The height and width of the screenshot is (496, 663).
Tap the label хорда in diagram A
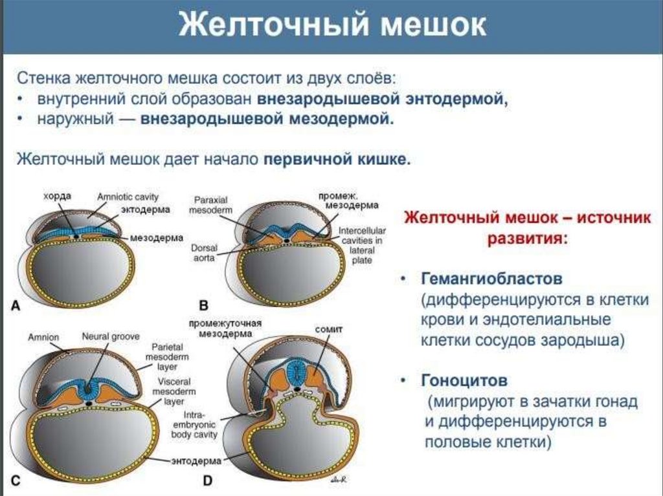pyautogui.click(x=57, y=195)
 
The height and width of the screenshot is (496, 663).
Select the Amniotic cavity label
pyautogui.click(x=128, y=196)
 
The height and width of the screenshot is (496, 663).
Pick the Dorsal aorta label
pyautogui.click(x=203, y=252)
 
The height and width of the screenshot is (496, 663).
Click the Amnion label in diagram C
pyautogui.click(x=43, y=337)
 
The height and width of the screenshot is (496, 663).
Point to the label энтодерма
pyautogui.click(x=196, y=460)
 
